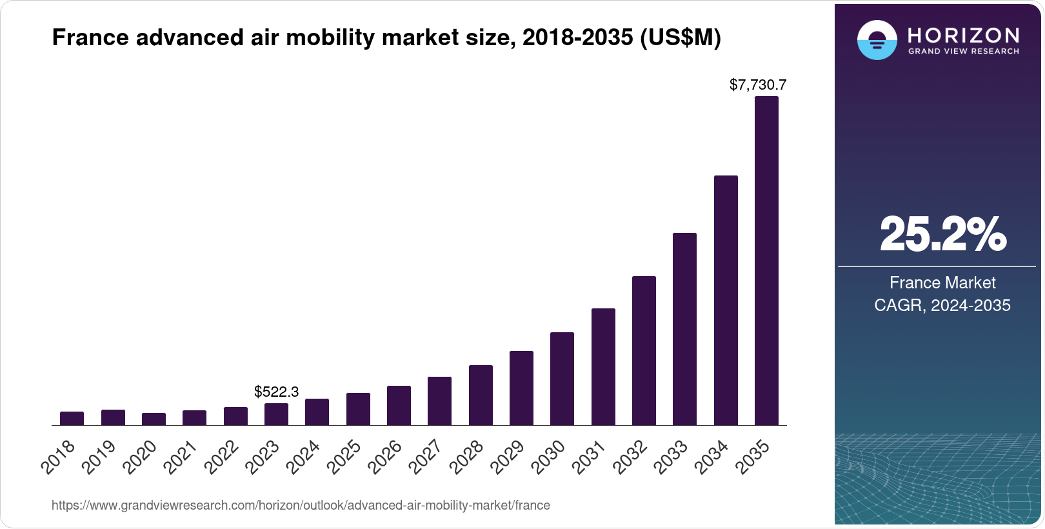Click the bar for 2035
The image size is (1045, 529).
pyautogui.click(x=766, y=261)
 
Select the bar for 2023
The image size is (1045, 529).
pyautogui.click(x=276, y=414)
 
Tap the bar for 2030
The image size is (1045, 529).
pyautogui.click(x=562, y=379)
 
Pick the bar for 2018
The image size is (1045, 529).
pyautogui.click(x=72, y=419)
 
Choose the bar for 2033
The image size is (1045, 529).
pyautogui.click(x=684, y=329)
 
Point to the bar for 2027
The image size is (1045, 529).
pyautogui.click(x=439, y=401)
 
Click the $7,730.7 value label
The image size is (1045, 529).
pyautogui.click(x=758, y=85)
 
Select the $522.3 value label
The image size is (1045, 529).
pyautogui.click(x=276, y=392)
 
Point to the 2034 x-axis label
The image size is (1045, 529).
pyautogui.click(x=713, y=457)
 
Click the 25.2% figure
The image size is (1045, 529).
pyautogui.click(x=942, y=235)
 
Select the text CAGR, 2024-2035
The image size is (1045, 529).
pyautogui.click(x=942, y=305)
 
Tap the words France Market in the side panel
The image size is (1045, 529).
pyautogui.click(x=942, y=283)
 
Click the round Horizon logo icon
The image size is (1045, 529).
pyautogui.click(x=877, y=40)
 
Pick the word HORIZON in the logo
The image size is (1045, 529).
pyautogui.click(x=963, y=35)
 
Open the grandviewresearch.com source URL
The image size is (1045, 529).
pyautogui.click(x=301, y=505)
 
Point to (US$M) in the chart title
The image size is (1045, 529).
pyautogui.click(x=680, y=38)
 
